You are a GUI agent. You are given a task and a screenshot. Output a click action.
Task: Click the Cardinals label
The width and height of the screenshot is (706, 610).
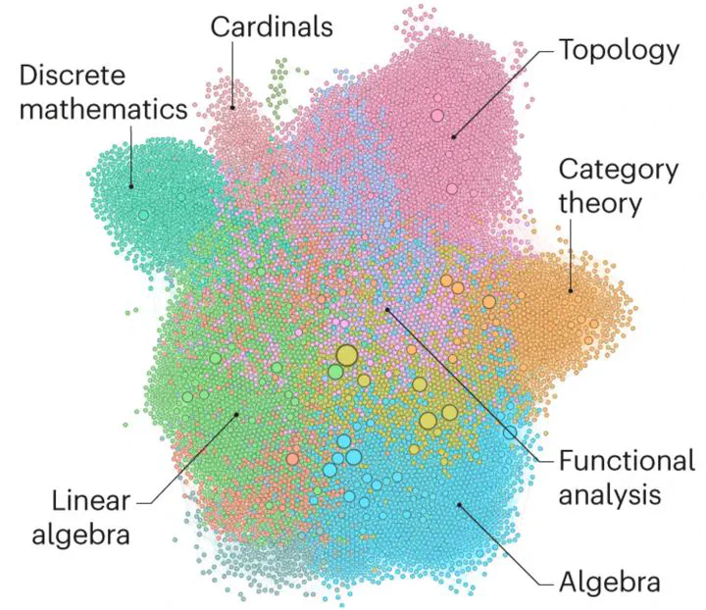[x=272, y=26]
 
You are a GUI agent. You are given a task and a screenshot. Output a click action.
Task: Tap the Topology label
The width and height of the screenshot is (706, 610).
[x=619, y=51]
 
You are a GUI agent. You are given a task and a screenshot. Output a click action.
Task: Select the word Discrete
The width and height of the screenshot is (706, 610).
[x=73, y=75]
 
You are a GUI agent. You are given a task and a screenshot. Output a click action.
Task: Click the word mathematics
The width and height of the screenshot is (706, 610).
[x=104, y=109]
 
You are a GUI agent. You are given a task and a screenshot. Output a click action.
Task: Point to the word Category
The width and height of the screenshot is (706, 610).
[x=619, y=172]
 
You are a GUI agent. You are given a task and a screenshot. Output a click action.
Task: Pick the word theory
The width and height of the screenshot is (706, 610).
[x=600, y=203]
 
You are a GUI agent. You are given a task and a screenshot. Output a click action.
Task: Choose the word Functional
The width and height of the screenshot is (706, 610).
[x=627, y=461]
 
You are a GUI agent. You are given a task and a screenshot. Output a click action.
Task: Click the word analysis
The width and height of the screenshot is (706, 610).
[x=610, y=494]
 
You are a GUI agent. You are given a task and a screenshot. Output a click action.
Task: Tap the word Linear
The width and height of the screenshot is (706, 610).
[x=91, y=500]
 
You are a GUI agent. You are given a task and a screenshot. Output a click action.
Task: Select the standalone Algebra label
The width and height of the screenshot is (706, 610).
[x=610, y=583]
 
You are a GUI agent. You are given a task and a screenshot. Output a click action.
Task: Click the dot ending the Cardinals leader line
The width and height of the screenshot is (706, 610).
[x=232, y=108]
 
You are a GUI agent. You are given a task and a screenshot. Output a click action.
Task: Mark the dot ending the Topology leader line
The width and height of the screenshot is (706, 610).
[x=454, y=137]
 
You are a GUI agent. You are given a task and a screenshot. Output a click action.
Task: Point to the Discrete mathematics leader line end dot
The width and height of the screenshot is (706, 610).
[x=131, y=186]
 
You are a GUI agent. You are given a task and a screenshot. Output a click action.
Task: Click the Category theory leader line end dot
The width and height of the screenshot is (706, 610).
[x=571, y=290]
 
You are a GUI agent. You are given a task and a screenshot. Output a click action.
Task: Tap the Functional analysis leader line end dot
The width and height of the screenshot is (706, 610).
[x=387, y=310]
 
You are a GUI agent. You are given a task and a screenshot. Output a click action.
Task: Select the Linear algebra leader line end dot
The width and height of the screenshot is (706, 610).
[x=237, y=414]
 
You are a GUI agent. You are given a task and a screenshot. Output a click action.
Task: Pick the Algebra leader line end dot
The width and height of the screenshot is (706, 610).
[x=459, y=505]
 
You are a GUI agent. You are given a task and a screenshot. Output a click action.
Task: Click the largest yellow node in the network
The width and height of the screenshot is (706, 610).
[x=347, y=356]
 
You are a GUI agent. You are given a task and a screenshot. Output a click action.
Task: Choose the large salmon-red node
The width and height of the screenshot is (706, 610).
[x=292, y=459]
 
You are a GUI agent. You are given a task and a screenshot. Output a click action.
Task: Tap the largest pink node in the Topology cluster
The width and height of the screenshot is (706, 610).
[x=437, y=116]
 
